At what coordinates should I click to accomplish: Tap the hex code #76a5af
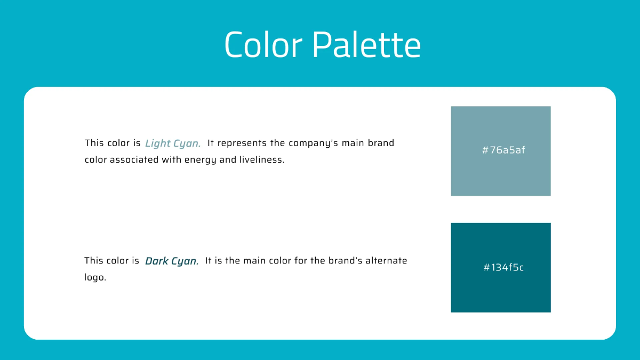coord(503,150)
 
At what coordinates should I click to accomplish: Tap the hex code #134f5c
coord(503,267)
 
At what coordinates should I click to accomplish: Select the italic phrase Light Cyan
coord(173,143)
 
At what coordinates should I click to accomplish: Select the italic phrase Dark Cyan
coord(172,261)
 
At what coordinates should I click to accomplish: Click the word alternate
coord(386,261)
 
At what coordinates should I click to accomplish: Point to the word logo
coord(95,278)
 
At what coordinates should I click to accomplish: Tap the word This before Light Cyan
coord(94,143)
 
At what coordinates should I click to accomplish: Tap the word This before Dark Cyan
coord(94,261)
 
